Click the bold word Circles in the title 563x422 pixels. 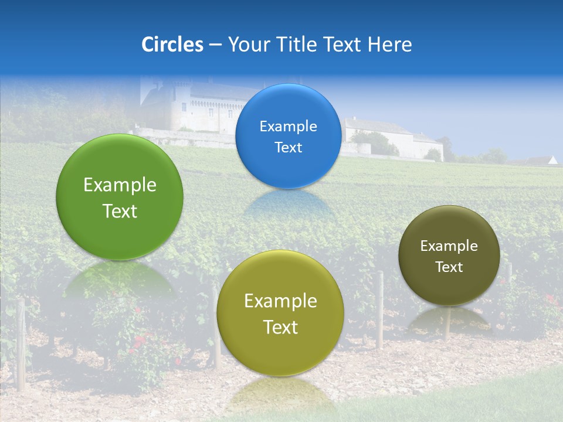172,45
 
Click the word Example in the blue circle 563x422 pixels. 288,126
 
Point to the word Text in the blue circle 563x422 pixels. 288,147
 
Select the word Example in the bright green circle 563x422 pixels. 120,185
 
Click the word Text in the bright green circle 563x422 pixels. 120,211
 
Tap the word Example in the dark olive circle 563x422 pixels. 449,246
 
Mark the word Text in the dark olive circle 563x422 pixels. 449,267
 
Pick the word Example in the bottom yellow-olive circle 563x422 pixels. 280,301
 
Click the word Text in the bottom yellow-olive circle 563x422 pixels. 280,327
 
